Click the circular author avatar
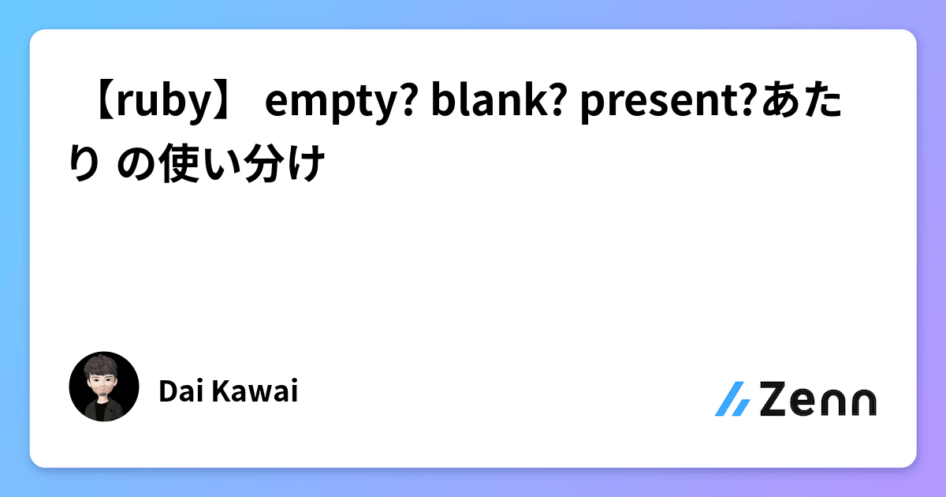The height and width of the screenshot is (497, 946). click(104, 386)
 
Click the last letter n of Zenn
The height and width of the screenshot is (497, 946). click(860, 402)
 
